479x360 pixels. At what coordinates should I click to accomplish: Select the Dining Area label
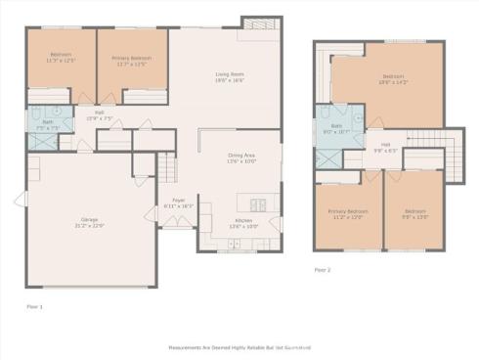(x=241, y=157)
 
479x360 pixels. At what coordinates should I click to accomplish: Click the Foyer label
(x=179, y=203)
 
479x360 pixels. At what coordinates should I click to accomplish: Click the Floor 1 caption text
(x=34, y=305)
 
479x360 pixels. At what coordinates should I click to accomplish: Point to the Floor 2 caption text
(x=323, y=269)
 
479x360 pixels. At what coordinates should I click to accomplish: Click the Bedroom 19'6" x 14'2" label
(x=393, y=79)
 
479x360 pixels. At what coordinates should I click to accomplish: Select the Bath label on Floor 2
(x=336, y=128)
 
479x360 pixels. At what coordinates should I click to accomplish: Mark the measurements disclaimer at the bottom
(x=239, y=346)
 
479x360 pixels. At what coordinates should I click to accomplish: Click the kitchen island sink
(x=259, y=204)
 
